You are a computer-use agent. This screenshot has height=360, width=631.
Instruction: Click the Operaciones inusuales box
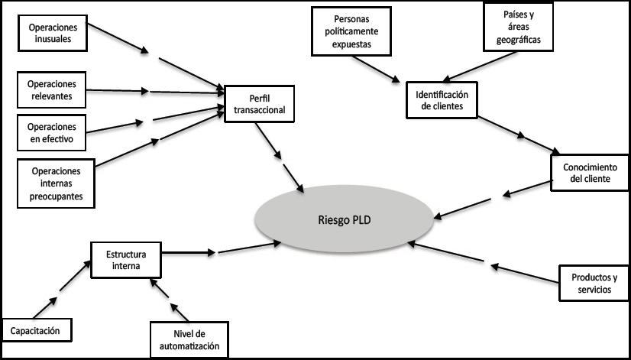(51, 32)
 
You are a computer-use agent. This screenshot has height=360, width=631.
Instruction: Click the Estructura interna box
(127, 260)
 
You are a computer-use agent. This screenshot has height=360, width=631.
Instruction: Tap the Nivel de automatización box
(189, 337)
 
